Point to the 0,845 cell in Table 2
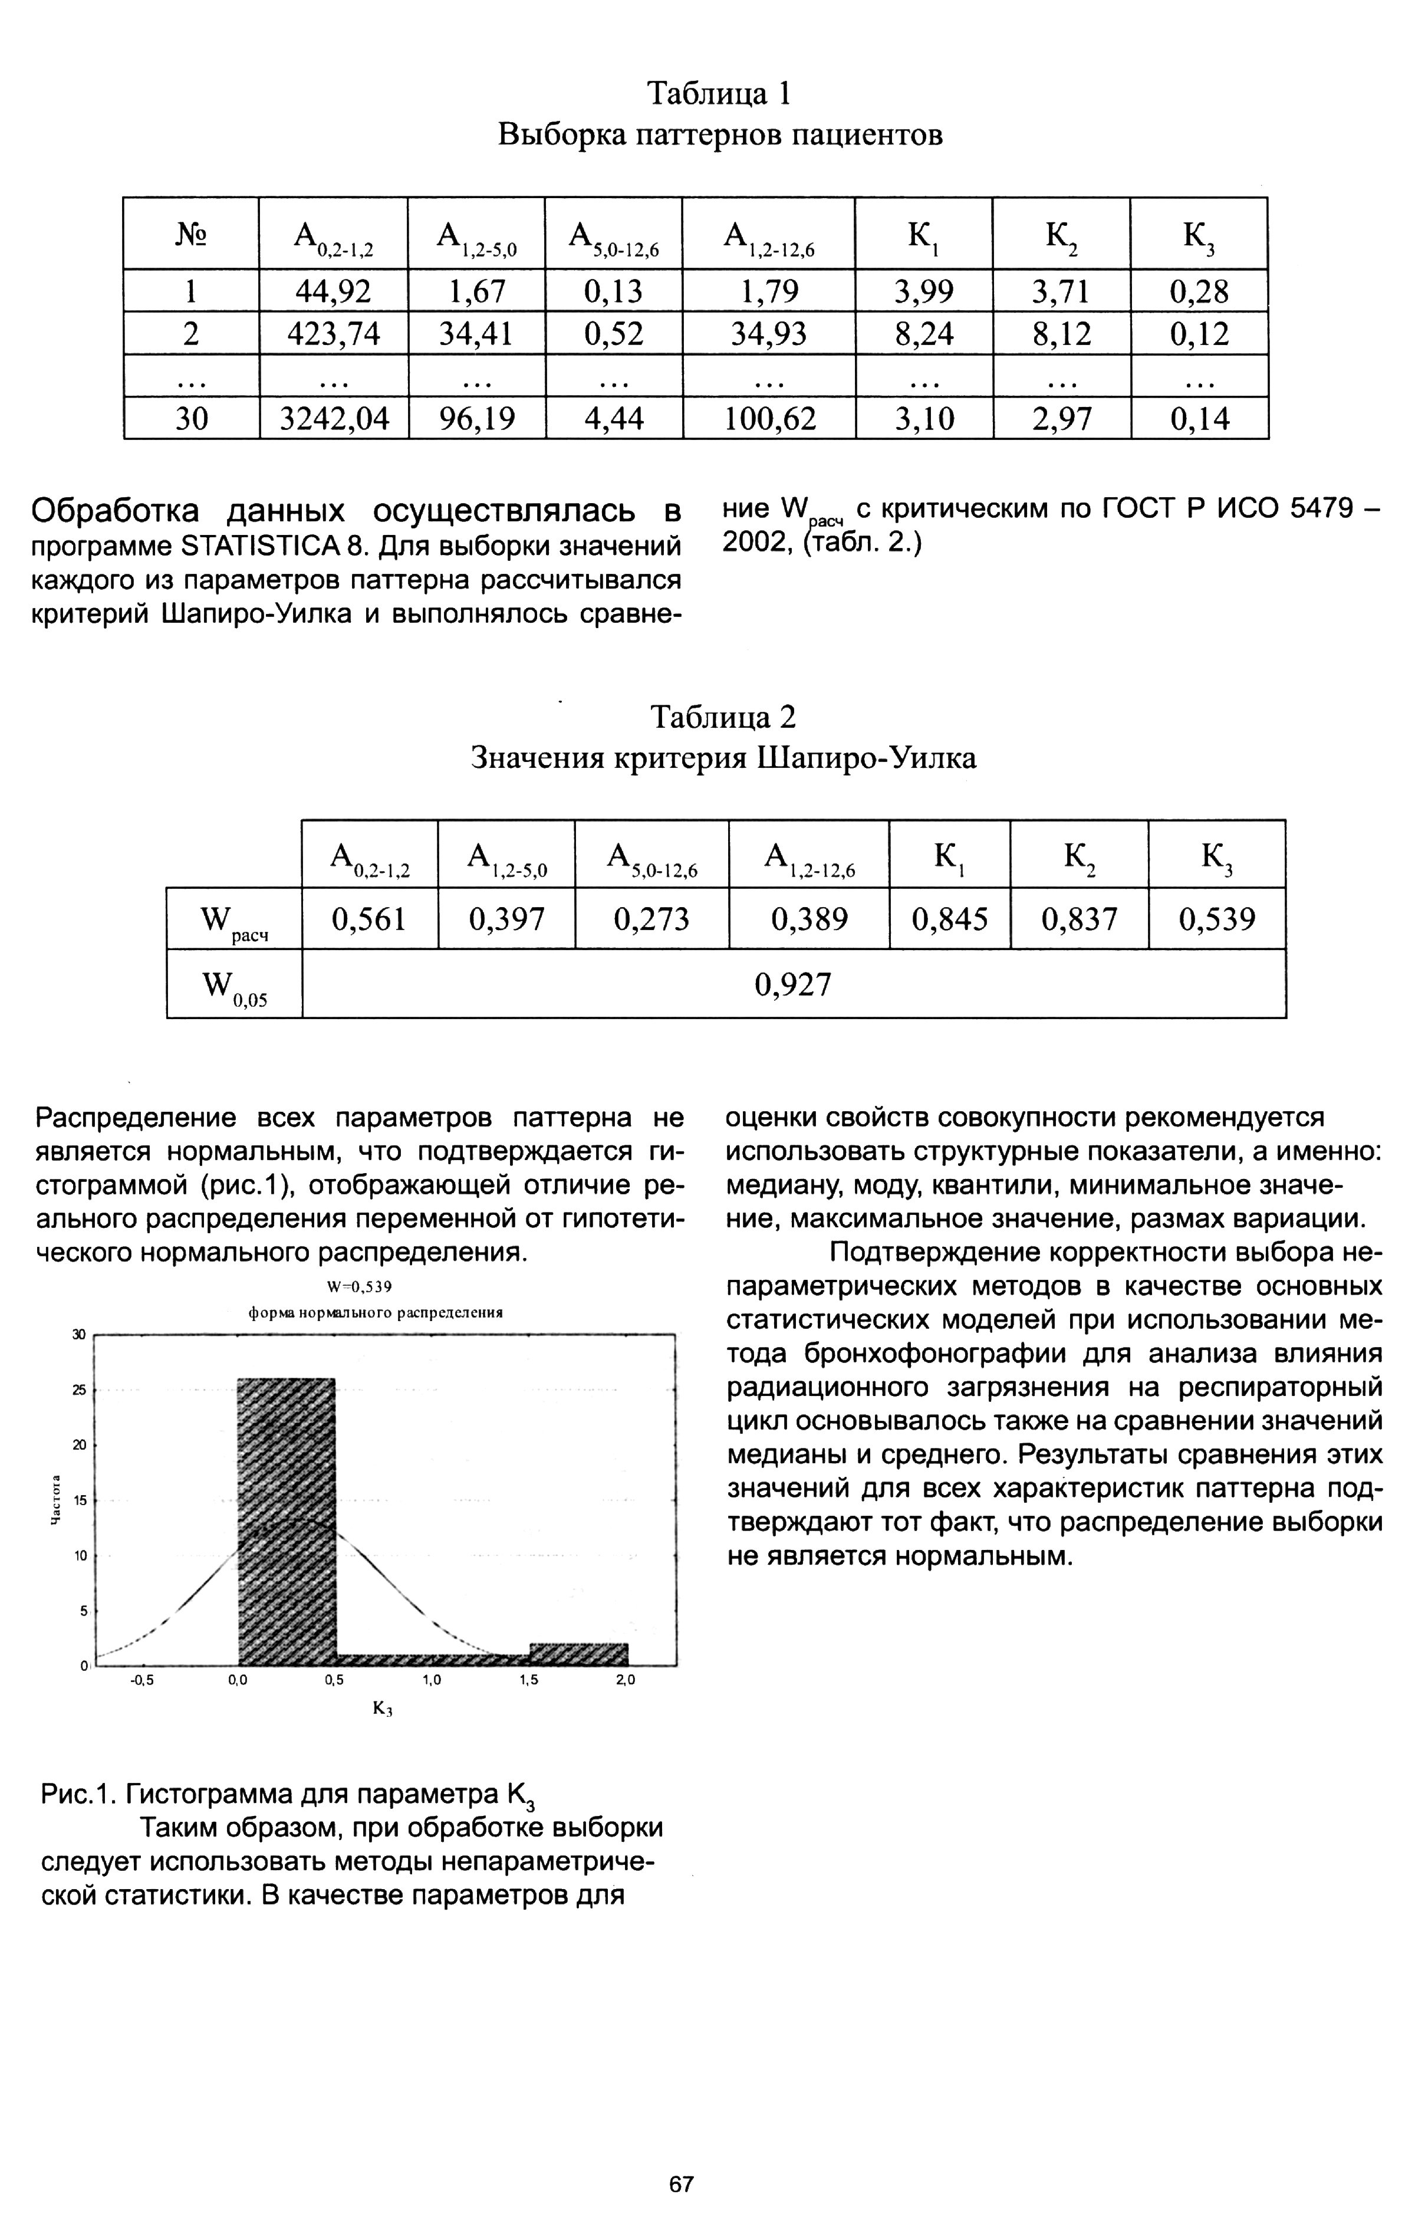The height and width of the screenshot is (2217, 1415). (950, 919)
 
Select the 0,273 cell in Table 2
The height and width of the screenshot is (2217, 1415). (652, 919)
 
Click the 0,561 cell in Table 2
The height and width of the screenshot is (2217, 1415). (369, 919)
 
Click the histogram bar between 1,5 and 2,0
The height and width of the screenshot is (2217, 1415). (578, 1654)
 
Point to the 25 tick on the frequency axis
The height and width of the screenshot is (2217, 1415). (79, 1390)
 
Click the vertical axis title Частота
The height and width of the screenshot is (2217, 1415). (55, 1501)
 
